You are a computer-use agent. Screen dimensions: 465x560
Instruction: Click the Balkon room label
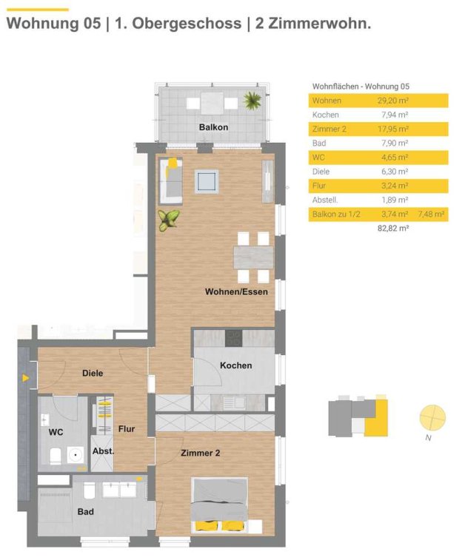pos(213,127)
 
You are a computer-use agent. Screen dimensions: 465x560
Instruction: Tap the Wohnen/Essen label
pos(236,291)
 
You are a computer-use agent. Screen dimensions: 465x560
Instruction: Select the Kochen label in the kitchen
pos(236,365)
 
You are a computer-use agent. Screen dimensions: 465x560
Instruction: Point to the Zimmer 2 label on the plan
pos(200,453)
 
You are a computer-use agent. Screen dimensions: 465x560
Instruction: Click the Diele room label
pos(93,374)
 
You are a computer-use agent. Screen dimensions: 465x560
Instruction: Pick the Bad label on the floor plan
pos(85,512)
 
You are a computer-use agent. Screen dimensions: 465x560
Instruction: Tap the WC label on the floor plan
pos(56,432)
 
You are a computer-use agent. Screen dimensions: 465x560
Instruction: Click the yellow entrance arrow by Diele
pos(25,378)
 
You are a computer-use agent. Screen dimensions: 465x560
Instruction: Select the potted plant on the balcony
pos(252,101)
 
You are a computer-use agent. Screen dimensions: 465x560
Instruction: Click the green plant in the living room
pos(168,220)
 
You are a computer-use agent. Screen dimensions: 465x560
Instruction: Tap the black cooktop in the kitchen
pos(233,338)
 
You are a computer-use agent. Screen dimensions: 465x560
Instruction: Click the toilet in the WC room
pos(56,456)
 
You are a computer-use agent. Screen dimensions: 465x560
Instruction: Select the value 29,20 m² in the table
pos(393,101)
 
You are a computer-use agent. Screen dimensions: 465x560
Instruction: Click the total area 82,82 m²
pos(393,228)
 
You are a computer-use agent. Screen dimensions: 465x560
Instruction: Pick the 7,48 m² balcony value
pos(431,215)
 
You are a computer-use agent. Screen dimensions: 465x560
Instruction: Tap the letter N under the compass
pos(428,438)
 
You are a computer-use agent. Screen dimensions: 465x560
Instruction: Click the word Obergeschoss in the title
pos(187,24)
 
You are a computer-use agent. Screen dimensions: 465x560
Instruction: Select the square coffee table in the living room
pos(207,181)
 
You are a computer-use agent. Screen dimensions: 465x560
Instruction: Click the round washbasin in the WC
pos(76,456)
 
